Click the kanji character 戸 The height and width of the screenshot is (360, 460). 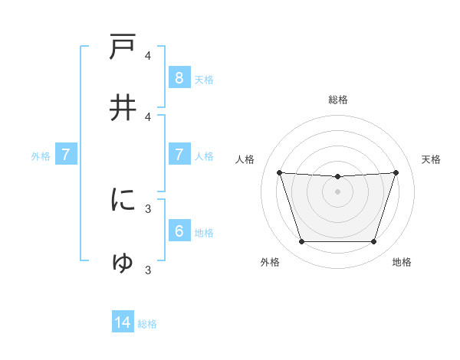(123, 47)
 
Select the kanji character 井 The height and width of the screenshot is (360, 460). (123, 108)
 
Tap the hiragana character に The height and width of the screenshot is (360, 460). (123, 200)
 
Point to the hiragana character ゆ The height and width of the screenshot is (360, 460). (123, 262)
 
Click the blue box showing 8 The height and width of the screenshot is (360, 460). (179, 77)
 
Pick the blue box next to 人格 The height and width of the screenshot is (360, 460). (179, 155)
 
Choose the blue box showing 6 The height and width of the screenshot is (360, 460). (179, 231)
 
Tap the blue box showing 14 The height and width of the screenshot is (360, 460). (123, 322)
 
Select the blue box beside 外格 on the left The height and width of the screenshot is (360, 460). (66, 155)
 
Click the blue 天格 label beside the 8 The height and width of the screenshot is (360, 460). (204, 79)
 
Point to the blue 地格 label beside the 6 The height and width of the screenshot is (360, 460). (204, 233)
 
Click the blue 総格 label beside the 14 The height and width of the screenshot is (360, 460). (147, 324)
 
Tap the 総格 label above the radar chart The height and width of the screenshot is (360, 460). (338, 100)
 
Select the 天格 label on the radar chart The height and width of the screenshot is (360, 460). (431, 159)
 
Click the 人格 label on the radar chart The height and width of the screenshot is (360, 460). (245, 159)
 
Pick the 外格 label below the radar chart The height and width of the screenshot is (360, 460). (270, 262)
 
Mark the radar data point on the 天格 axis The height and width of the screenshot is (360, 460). (396, 172)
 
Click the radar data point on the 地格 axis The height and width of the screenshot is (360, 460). (373, 242)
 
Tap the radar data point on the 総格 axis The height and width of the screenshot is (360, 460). (337, 177)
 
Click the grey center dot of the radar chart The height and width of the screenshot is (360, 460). (337, 191)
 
